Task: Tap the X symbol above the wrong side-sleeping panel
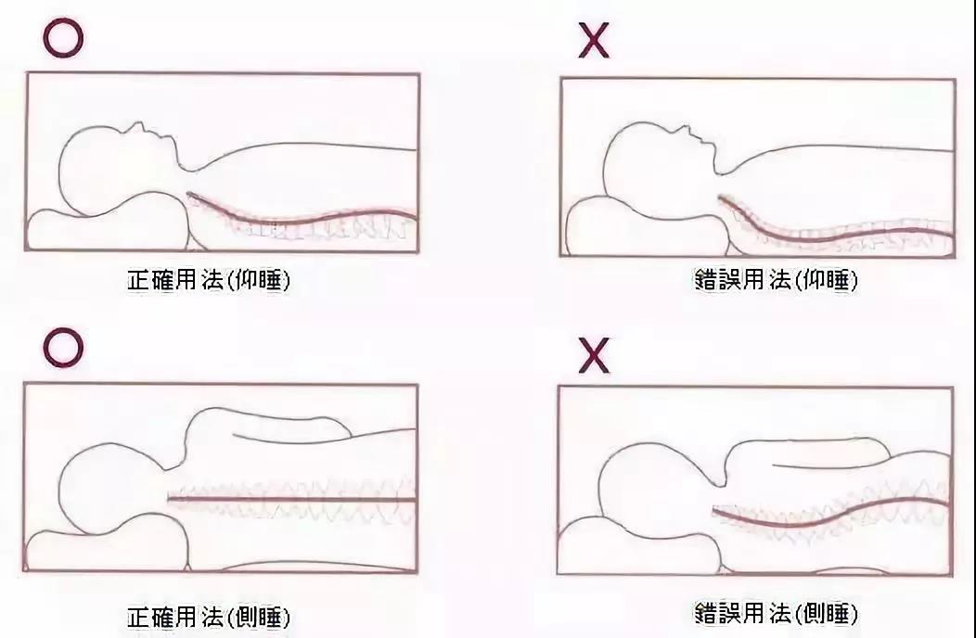click(593, 354)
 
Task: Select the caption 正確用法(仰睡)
click(208, 279)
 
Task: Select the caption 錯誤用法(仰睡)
click(775, 279)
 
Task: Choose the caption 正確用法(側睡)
click(208, 617)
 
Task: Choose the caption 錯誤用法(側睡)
click(775, 613)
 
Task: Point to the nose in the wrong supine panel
click(687, 133)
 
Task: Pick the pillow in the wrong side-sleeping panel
click(640, 547)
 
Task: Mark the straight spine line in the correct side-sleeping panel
click(288, 500)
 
